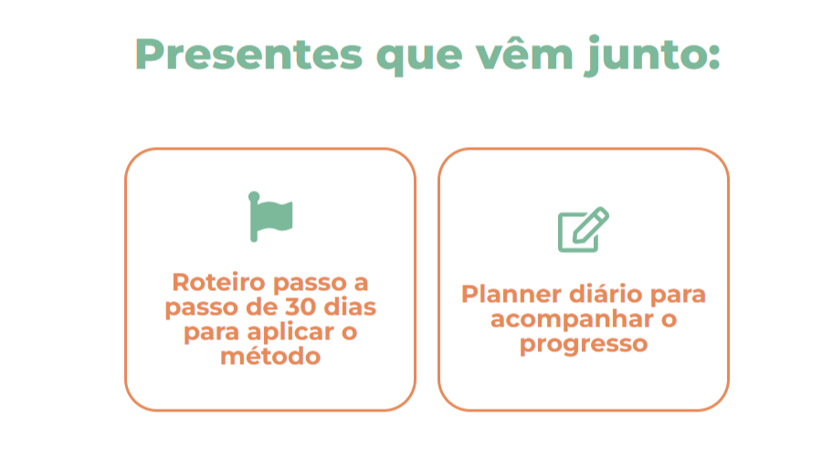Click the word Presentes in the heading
coord(248,54)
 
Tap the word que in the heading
coord(419,58)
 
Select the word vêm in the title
coord(524,52)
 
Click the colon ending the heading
coord(713,57)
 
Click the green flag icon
coord(270,216)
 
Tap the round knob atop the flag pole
coord(254,196)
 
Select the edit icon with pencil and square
coord(584,229)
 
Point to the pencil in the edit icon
coord(591,225)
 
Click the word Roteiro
coord(218,282)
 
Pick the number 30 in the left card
coord(301,307)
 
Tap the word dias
coord(350,307)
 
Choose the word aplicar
coord(290,333)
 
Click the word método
coord(270,356)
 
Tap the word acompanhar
coord(572,320)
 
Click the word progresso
coord(584,345)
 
